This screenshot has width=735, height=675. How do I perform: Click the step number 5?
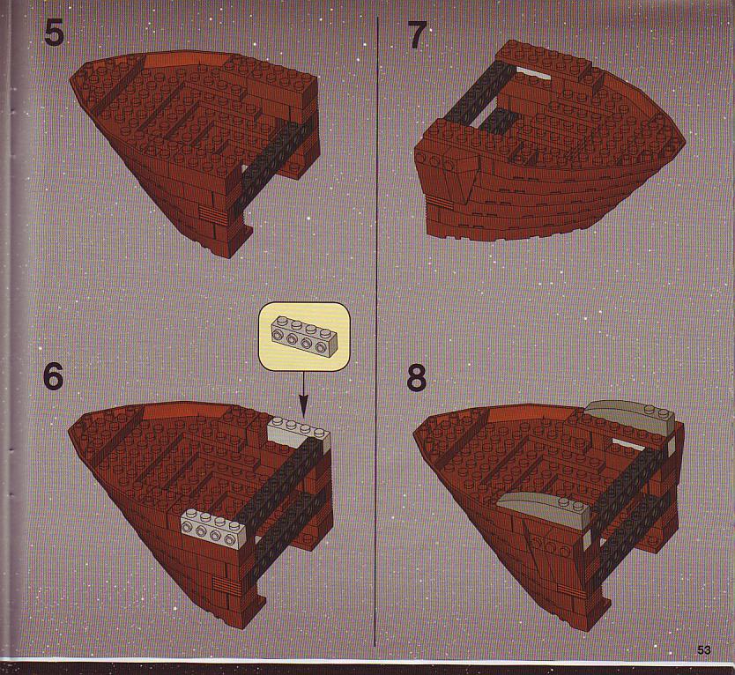[54, 33]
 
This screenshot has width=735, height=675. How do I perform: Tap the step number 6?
[53, 376]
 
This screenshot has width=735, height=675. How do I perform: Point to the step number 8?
[417, 378]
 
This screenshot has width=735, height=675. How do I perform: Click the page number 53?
[703, 649]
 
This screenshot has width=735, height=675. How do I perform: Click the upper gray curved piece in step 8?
[628, 416]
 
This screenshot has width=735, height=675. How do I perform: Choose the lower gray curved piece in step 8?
[544, 510]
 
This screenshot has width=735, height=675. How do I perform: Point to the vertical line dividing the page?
[376, 331]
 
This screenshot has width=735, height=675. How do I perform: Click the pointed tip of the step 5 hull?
[71, 80]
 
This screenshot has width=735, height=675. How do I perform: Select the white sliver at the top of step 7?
[533, 73]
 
